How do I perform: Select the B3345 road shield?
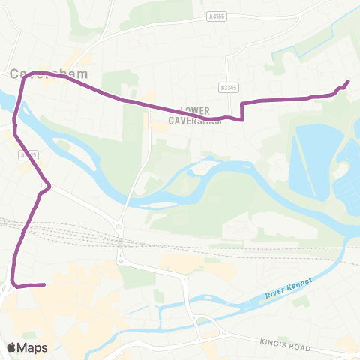(x=228, y=87)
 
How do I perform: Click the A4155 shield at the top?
(x=216, y=15)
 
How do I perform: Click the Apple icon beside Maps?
(x=12, y=346)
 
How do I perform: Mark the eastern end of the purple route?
(x=348, y=82)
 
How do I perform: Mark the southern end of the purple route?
(x=44, y=284)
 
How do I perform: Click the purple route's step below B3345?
(x=241, y=111)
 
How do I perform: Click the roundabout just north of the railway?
(x=118, y=226)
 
